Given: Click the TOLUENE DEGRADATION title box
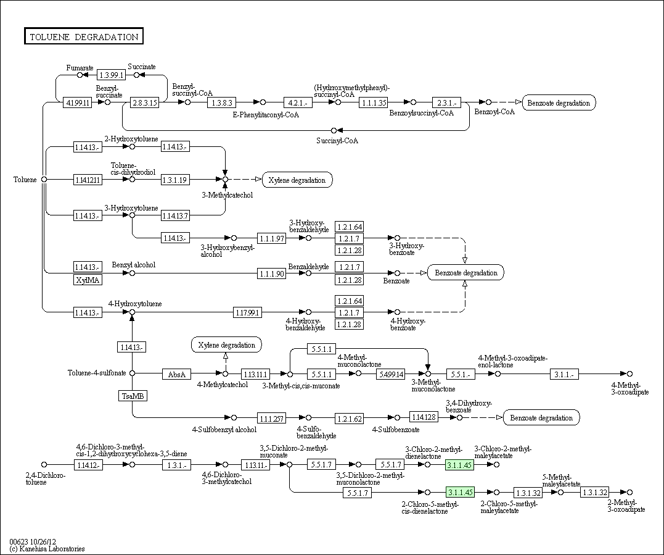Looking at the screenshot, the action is point(84,36).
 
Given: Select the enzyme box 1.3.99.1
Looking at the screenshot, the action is point(112,75).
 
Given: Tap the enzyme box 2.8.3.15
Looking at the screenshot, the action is point(145,102).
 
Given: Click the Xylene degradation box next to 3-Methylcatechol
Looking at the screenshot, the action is point(297,180).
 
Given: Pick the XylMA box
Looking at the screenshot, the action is point(88,280).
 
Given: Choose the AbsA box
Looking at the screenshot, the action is point(176,374).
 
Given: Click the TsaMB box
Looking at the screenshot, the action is point(133,396).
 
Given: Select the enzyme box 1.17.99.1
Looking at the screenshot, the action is point(248,312).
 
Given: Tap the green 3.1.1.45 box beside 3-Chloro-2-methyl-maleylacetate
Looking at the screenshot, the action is point(460,465).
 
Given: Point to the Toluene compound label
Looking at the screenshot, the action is point(25,180).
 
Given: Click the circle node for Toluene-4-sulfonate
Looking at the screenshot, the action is point(132,373).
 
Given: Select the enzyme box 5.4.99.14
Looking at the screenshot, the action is point(390,374).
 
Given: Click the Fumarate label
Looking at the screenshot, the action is point(80,68).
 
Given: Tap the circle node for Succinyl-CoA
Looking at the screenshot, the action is point(334,130).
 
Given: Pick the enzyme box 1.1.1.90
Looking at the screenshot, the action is point(272,273).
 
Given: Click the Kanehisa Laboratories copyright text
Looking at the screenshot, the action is point(47,549).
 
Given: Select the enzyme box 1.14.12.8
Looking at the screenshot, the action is point(424,417).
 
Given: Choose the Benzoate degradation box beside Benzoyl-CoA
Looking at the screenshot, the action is point(559,102).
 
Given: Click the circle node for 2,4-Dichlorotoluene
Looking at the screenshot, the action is point(44,464).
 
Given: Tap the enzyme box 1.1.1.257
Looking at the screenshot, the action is point(272,419).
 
